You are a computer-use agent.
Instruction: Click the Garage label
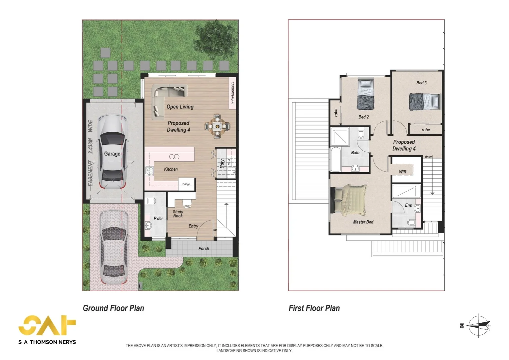pyautogui.click(x=112, y=154)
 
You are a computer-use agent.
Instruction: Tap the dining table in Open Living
pyautogui.click(x=218, y=126)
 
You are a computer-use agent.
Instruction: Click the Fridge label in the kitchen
pyautogui.click(x=186, y=184)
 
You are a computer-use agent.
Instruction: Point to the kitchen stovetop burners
pyautogui.click(x=149, y=171)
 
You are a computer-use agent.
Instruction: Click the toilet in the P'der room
pyautogui.click(x=151, y=201)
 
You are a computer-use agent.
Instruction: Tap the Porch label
pyautogui.click(x=204, y=249)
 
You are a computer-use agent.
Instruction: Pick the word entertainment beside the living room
pyautogui.click(x=233, y=93)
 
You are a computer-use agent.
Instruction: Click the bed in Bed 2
pyautogui.click(x=366, y=94)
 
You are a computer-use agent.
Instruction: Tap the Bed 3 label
pyautogui.click(x=421, y=83)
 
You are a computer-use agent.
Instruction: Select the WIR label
pyautogui.click(x=403, y=172)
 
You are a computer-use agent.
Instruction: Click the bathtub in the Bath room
pyautogui.click(x=336, y=159)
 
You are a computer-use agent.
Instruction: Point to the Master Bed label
pyautogui.click(x=363, y=222)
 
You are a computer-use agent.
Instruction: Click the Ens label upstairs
pyautogui.click(x=408, y=205)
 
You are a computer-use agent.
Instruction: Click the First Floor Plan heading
pyautogui.click(x=314, y=308)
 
